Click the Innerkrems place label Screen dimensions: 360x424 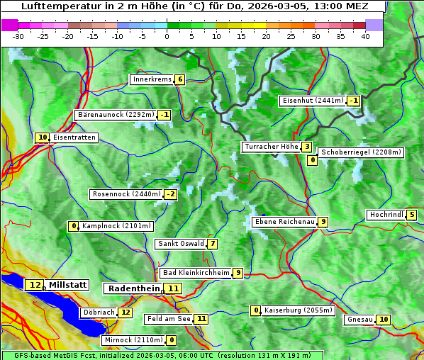click(152, 79)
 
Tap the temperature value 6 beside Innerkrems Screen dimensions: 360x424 click(180, 79)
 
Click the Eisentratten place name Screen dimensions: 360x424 click(74, 137)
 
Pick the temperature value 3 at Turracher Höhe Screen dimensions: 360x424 click(306, 147)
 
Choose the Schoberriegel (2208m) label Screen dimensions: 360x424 click(361, 152)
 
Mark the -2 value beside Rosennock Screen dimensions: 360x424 click(171, 194)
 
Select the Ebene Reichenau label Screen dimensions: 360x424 click(284, 222)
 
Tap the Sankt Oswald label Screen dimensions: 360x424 click(180, 244)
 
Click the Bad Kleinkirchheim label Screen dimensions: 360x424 click(196, 273)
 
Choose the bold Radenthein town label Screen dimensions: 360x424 click(133, 288)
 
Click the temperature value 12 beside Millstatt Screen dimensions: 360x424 click(35, 285)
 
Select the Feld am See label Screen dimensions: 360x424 click(169, 319)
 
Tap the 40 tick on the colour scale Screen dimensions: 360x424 click(365, 36)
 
